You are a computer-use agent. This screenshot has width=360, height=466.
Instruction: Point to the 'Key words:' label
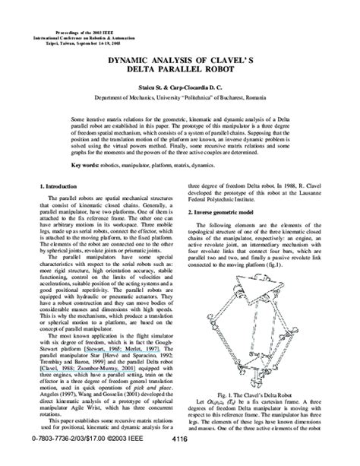[x=86, y=164]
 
